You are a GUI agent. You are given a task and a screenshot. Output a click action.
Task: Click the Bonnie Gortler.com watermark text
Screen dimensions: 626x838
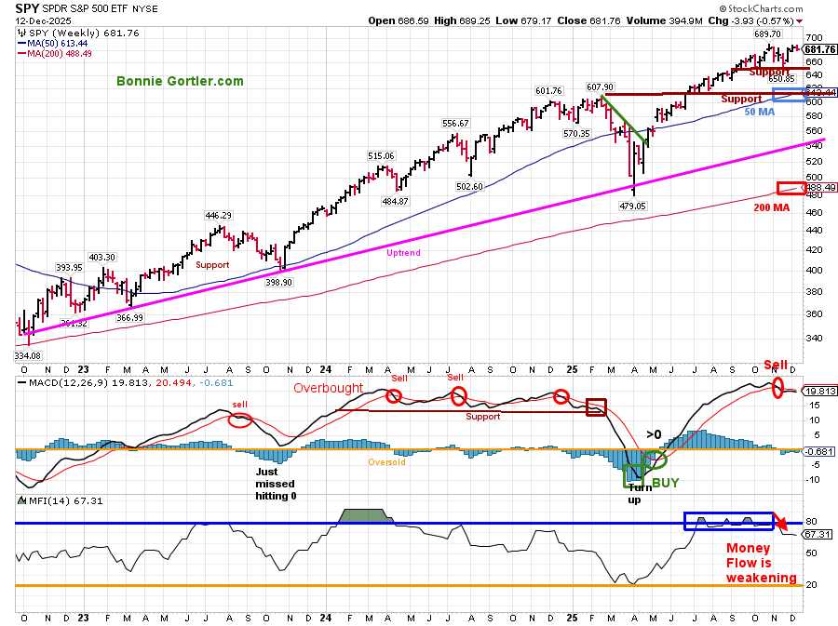[x=181, y=81]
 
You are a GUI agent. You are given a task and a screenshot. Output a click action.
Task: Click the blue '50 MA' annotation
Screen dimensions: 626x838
[x=759, y=113]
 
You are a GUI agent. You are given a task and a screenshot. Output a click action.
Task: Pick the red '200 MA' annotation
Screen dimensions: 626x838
[x=772, y=207]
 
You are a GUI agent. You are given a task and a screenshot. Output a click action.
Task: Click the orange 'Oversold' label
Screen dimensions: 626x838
[x=386, y=461]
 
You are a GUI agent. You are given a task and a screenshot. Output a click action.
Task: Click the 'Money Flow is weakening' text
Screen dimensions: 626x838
[x=762, y=563]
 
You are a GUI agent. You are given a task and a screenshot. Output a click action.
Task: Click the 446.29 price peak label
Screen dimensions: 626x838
[x=219, y=216]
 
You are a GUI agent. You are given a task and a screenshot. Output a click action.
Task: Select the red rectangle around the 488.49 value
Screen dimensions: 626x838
[x=789, y=188]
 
